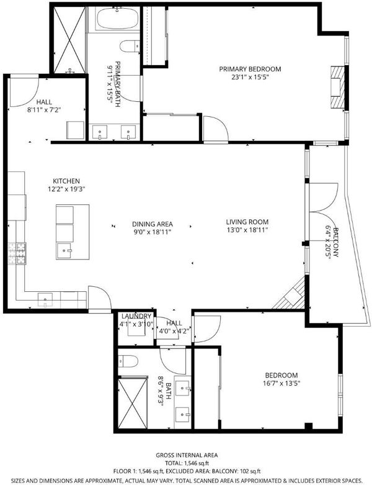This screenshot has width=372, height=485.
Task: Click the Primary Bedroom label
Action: tap(250, 69)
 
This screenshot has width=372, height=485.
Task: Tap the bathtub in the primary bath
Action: tap(117, 19)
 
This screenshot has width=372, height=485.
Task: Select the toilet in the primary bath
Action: tap(130, 47)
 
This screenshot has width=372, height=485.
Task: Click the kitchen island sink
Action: tap(64, 251)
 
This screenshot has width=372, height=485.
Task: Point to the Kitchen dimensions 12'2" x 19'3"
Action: tap(66, 189)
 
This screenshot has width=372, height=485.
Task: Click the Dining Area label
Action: tap(153, 224)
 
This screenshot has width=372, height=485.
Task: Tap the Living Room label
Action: tap(247, 222)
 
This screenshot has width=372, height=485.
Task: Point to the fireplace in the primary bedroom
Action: tap(337, 87)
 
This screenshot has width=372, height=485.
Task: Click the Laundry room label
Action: tap(136, 316)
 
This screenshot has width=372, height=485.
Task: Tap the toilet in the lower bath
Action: tap(128, 361)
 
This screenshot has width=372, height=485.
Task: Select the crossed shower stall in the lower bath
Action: tap(133, 403)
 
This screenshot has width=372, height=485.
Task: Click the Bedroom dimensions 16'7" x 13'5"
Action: tap(281, 383)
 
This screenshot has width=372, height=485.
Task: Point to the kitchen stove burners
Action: tap(17, 253)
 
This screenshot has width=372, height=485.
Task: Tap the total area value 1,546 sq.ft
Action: tap(197, 463)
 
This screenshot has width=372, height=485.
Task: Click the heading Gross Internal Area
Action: tap(187, 455)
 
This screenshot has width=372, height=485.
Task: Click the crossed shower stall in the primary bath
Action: tap(69, 40)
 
